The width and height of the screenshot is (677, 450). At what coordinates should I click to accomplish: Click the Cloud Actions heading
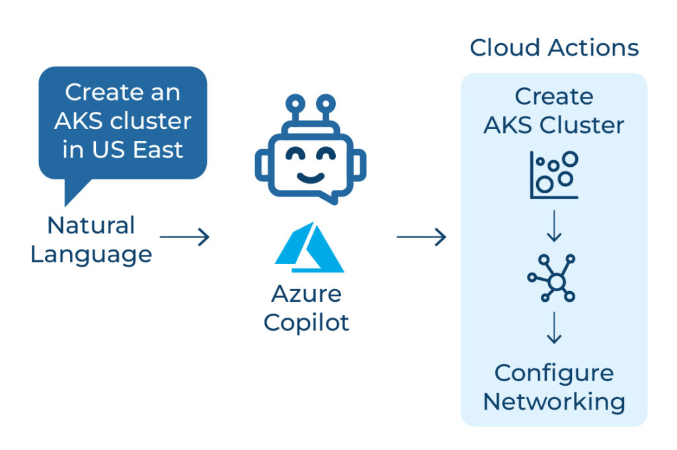(x=554, y=48)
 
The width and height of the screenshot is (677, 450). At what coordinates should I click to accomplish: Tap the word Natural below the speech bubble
(x=91, y=225)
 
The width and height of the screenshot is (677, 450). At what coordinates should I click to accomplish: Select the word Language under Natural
(x=91, y=254)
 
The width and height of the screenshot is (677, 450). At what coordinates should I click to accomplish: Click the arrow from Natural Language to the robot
(x=184, y=236)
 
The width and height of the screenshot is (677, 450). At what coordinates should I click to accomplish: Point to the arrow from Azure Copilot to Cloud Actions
(x=421, y=236)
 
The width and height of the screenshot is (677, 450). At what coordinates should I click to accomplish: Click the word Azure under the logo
(x=307, y=293)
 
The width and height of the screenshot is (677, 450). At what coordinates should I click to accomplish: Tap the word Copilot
(x=307, y=322)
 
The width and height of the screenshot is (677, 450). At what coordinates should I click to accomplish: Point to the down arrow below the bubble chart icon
(x=554, y=226)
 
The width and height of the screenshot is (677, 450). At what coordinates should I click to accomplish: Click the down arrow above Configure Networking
(x=554, y=330)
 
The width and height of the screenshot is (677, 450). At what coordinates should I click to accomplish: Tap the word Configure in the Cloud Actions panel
(x=554, y=373)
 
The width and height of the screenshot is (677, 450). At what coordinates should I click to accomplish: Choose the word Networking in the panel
(x=554, y=402)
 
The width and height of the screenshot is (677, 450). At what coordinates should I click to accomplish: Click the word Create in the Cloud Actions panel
(x=554, y=97)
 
